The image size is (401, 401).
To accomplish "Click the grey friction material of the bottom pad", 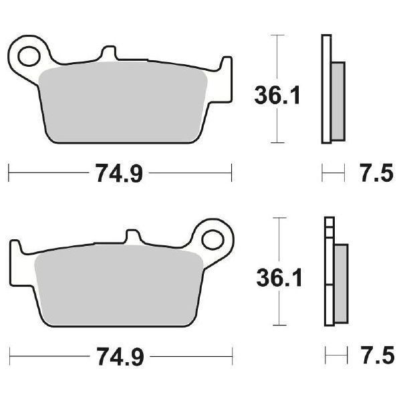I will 120,284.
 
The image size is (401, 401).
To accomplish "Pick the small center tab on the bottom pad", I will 134,237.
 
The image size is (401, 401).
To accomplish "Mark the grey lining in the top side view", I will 338,100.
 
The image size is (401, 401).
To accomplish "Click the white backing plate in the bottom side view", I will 328,281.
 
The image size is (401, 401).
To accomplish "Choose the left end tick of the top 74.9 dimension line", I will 9,174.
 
